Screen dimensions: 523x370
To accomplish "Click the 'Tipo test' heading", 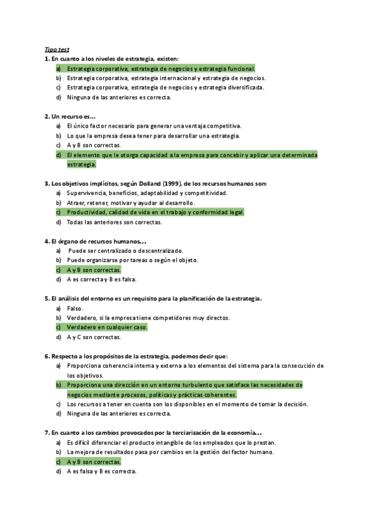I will (x=57, y=49).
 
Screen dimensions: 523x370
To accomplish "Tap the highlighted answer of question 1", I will (x=160, y=68).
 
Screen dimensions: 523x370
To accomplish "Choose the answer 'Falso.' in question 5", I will (x=75, y=308).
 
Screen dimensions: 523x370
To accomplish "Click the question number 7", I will (x=47, y=432).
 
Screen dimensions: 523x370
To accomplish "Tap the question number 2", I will (x=47, y=116).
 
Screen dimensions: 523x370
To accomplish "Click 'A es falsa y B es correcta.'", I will (x=101, y=471).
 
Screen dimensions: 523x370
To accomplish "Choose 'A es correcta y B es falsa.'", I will (x=101, y=279).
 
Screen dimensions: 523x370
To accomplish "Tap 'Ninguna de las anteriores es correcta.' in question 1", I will (x=118, y=97).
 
